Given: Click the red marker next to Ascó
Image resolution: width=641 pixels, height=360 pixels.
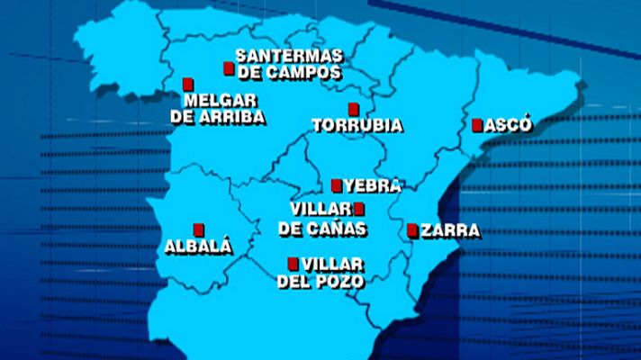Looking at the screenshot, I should (477, 126).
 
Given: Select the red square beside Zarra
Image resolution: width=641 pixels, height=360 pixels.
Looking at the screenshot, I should (412, 230).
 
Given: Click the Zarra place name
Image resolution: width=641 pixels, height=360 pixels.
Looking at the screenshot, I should (450, 231).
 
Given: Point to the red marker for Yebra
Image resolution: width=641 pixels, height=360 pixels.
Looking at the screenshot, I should (337, 186).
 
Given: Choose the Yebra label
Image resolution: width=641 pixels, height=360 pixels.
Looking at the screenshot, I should (371, 186).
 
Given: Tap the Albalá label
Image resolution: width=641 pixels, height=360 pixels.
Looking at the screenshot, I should (199, 246).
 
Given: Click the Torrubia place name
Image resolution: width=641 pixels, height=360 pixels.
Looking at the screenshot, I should (357, 126).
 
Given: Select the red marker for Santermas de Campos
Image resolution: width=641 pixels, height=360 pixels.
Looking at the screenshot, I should (229, 68).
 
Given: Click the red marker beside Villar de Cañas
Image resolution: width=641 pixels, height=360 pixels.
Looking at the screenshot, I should (358, 209).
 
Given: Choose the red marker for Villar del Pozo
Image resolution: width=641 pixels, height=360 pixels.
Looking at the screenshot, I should (292, 264).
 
